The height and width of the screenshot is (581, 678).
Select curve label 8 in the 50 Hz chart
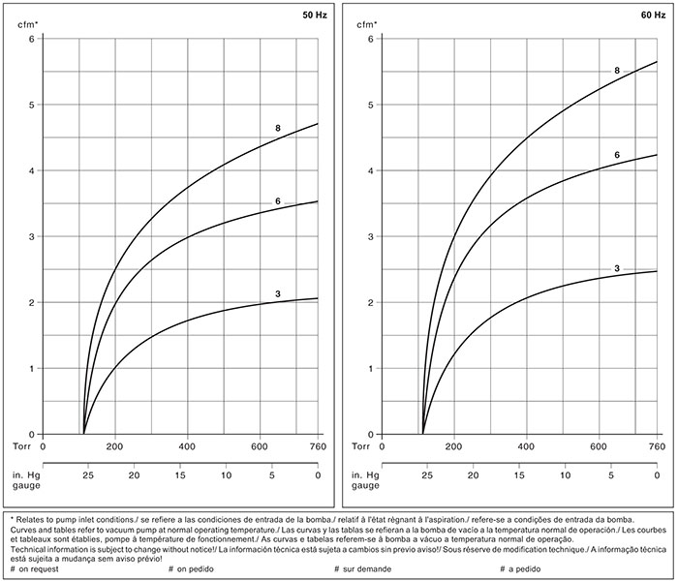click(277, 128)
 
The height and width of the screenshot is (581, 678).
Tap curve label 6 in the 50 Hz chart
click(277, 200)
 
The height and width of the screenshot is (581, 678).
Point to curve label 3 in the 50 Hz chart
click(277, 292)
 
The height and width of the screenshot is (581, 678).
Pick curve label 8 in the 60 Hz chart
click(616, 71)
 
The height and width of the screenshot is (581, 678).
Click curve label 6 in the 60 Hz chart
click(616, 155)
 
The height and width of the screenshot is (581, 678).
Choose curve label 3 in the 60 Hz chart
click(616, 267)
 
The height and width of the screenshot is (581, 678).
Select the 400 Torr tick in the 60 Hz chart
click(526, 447)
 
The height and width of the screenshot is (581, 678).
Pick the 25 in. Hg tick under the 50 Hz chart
click(88, 476)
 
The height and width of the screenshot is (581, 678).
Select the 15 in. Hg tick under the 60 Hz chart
click(519, 476)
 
